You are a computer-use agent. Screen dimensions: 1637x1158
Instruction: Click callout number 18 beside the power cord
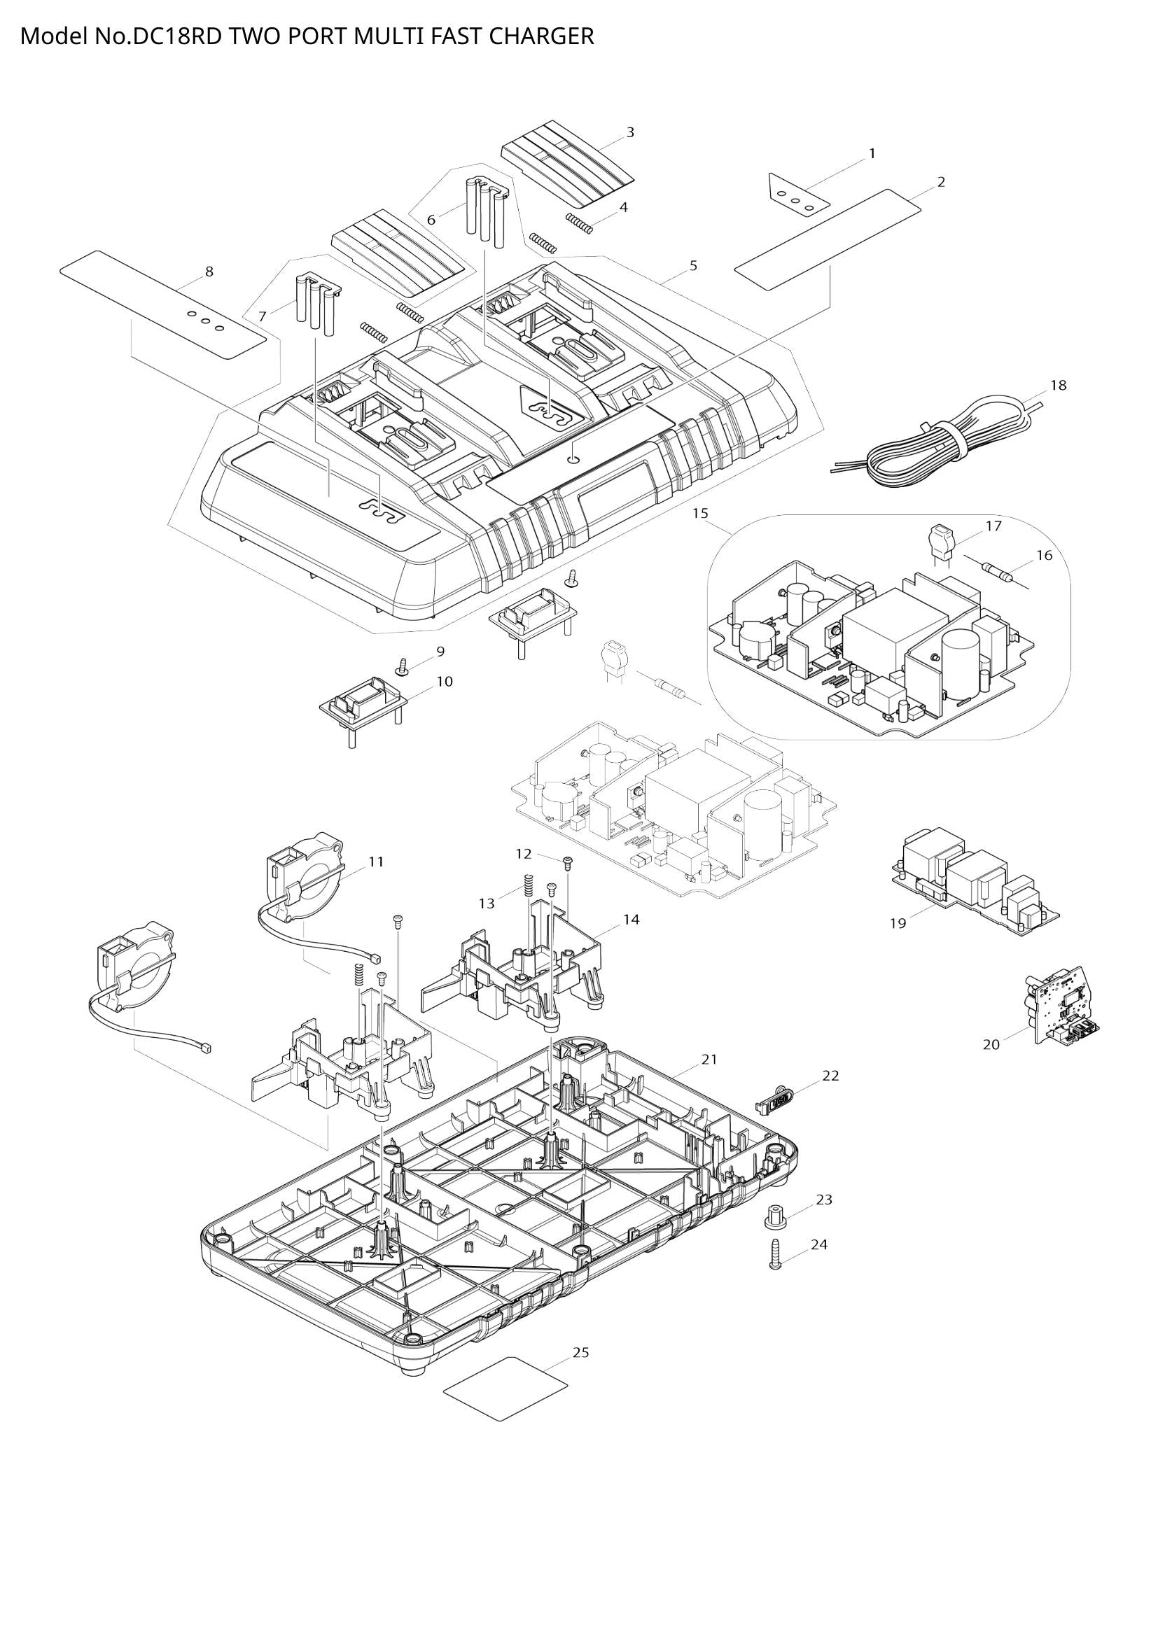1058,385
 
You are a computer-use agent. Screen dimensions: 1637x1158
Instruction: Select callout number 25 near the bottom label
581,1352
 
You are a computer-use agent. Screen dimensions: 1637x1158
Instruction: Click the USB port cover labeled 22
773,1100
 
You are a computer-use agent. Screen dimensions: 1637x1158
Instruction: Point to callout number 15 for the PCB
699,512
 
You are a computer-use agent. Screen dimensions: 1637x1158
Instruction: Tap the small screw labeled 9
403,668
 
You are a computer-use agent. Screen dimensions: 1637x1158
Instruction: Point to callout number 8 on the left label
209,271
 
